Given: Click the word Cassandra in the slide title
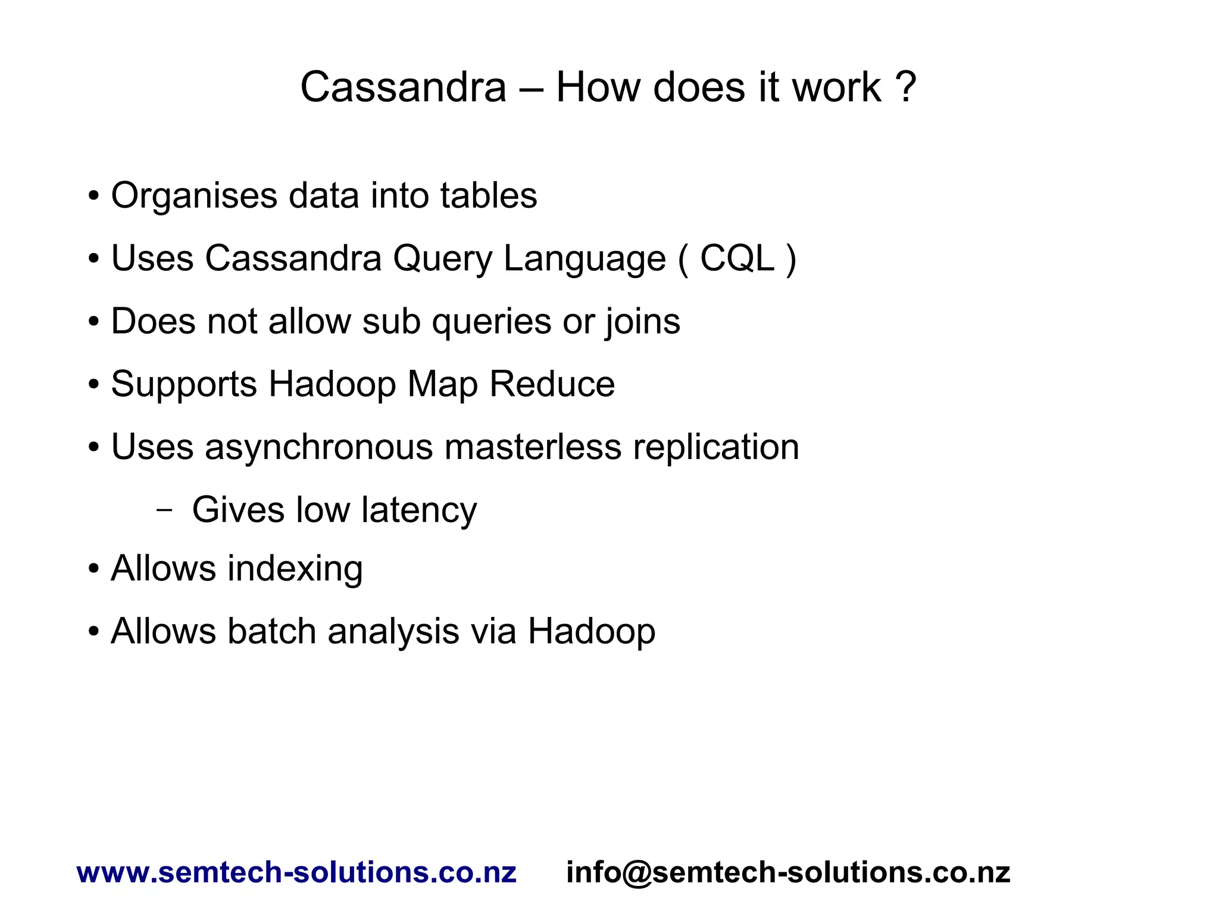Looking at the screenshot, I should [403, 88].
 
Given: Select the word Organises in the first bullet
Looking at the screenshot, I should [194, 196].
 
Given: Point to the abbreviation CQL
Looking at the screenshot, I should [737, 259].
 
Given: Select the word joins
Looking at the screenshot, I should [643, 322].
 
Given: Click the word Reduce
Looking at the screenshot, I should [552, 384].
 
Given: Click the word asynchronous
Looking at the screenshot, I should [319, 448].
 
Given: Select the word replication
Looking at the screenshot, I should [715, 448].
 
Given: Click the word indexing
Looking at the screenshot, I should [295, 569].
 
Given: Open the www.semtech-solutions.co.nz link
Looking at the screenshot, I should [296, 873].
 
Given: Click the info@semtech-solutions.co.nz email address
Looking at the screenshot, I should [788, 873].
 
